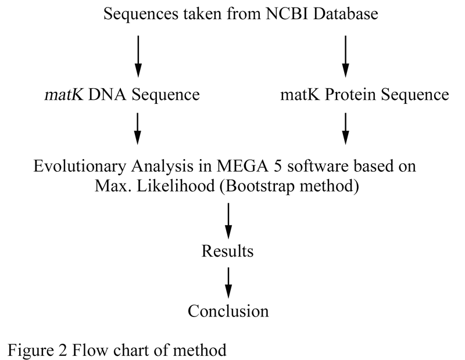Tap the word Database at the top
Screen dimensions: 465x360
point(345,13)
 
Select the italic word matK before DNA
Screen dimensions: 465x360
point(64,95)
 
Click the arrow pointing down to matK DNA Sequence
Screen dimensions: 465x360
point(138,56)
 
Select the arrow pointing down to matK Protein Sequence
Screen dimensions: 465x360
point(345,56)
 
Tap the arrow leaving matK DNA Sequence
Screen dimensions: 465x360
point(138,128)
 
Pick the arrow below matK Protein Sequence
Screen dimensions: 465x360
point(345,128)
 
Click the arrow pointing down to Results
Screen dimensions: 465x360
point(228,221)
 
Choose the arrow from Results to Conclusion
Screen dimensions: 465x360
point(228,283)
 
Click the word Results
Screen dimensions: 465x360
point(227,251)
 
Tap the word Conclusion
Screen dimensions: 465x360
point(228,311)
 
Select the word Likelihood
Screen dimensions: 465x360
point(176,186)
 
